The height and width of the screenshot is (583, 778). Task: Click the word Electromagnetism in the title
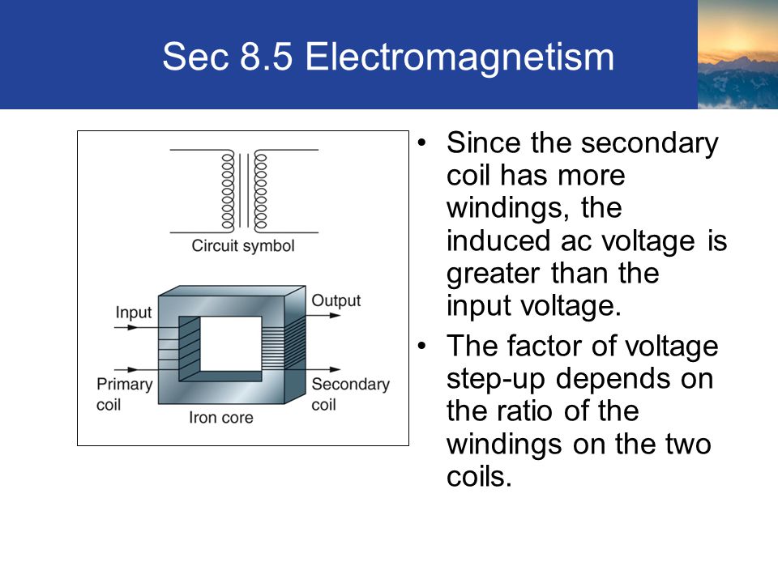[x=460, y=57]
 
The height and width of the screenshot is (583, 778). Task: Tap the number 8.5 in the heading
[x=267, y=56]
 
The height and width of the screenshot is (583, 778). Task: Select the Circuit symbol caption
[x=243, y=246]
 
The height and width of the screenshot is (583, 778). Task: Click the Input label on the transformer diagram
[x=134, y=313]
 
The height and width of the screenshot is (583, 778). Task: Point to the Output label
[x=336, y=300]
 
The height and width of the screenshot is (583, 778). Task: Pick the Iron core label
[x=220, y=418]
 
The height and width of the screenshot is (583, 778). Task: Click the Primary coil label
[x=125, y=394]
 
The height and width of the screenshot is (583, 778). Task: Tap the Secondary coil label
[x=351, y=394]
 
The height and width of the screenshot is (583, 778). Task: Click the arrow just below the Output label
[x=323, y=315]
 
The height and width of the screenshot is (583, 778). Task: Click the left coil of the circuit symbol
[x=228, y=191]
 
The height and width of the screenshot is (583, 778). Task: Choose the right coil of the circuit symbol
[x=260, y=191]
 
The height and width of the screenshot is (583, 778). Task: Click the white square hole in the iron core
[x=230, y=344]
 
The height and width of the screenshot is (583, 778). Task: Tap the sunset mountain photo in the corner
[x=737, y=54]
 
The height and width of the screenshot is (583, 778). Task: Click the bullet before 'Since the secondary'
[x=421, y=143]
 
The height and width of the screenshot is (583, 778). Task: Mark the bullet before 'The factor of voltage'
[x=421, y=346]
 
